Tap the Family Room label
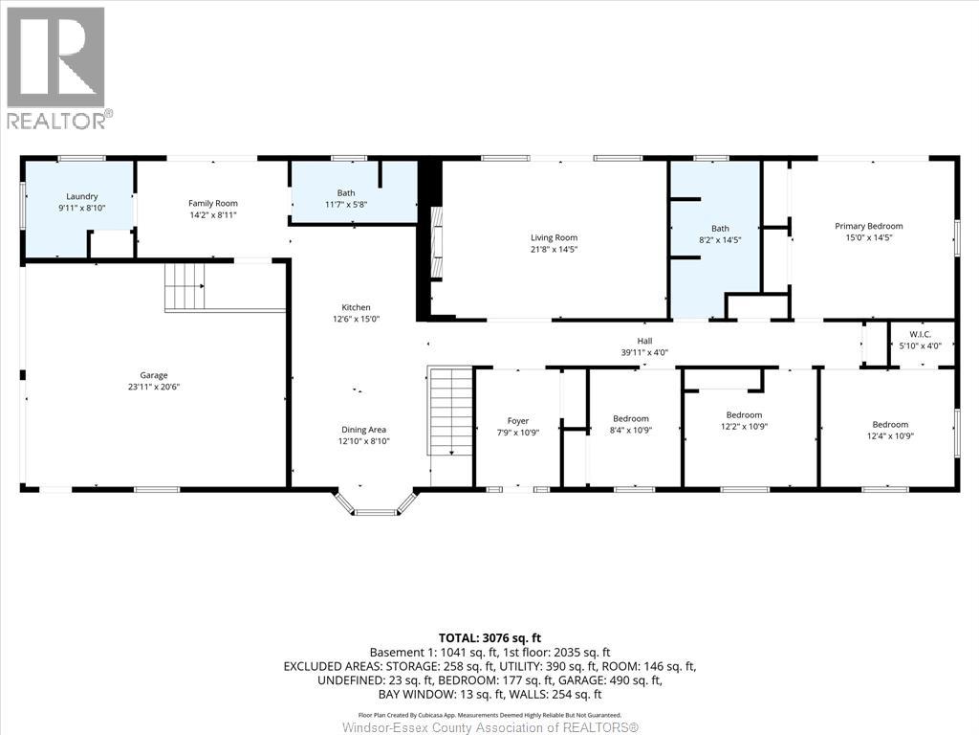click(212, 203)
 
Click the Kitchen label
click(350, 307)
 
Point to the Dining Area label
click(364, 430)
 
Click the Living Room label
click(554, 237)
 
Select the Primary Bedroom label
click(868, 226)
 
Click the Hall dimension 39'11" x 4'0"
click(644, 352)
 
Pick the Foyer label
click(517, 421)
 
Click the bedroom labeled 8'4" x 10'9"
click(631, 424)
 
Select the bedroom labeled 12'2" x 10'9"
click(744, 421)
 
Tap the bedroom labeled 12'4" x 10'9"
click(889, 430)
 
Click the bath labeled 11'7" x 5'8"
click(345, 198)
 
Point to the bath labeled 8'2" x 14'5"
click(719, 234)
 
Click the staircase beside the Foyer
click(450, 412)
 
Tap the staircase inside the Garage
click(185, 286)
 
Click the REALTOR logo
click(56, 68)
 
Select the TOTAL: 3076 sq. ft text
click(489, 637)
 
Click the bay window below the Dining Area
click(376, 505)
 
